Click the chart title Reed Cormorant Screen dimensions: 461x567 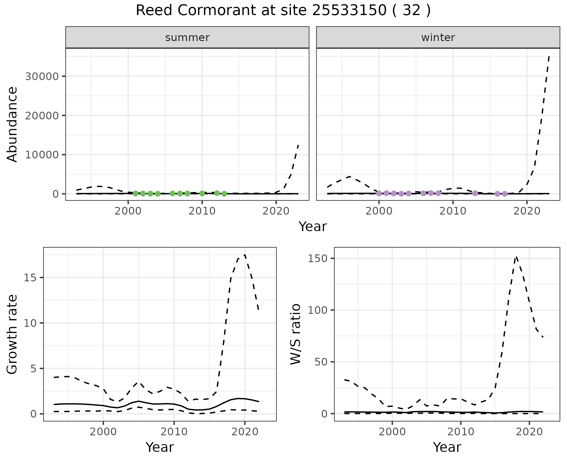283,11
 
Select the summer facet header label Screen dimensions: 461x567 187,38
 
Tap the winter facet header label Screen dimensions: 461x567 438,38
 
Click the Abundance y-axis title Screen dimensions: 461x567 12,124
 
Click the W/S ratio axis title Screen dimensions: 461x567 295,334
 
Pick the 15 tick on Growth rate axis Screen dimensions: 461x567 32,278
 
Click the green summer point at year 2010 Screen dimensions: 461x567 202,194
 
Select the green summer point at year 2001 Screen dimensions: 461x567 136,194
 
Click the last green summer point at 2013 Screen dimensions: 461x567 224,194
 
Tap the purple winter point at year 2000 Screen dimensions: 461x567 379,194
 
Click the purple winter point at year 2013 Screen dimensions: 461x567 475,193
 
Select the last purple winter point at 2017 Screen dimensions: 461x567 504,194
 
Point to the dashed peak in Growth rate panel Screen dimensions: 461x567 245,255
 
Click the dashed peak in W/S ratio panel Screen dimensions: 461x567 516,257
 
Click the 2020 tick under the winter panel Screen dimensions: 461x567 527,211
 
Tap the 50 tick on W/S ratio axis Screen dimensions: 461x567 321,362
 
